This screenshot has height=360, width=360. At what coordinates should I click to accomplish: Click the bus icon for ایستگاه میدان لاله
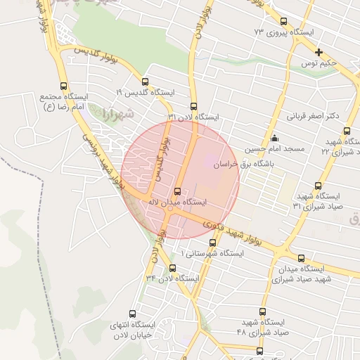click(176, 191)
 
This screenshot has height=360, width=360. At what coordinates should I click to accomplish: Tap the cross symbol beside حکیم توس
click(319, 52)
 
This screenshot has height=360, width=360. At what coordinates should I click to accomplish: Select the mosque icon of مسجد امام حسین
click(274, 138)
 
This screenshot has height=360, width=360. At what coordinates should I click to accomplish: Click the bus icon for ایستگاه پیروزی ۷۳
click(283, 22)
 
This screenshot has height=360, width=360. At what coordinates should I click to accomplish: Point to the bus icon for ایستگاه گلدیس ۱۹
click(145, 82)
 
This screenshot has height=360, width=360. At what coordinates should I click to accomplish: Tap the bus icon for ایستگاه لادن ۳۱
click(193, 106)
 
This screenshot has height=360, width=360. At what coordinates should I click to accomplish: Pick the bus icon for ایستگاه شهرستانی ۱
click(212, 241)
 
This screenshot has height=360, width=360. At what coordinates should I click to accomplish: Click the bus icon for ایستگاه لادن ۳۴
click(173, 268)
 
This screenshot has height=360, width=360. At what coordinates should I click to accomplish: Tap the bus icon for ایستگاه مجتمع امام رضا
click(64, 86)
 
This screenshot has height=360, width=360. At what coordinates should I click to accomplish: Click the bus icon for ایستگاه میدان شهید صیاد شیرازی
click(302, 258)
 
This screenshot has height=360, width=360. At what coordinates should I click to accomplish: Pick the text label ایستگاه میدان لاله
click(176, 202)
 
